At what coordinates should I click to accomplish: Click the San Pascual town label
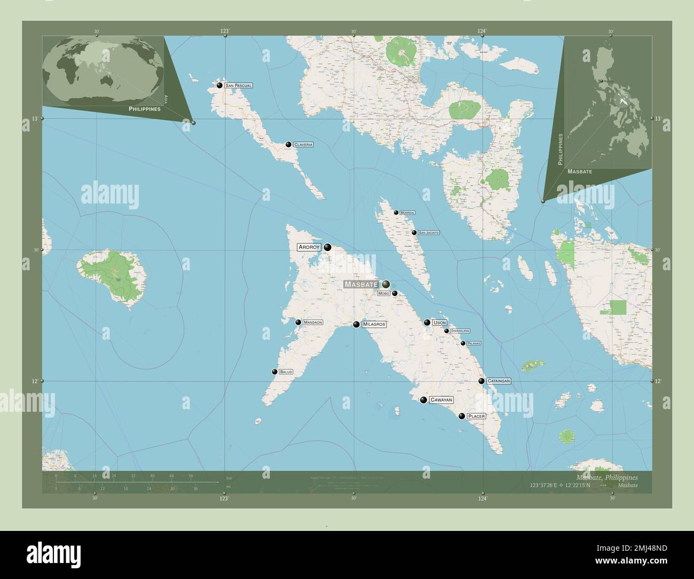click(x=238, y=85)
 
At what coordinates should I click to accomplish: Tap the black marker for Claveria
click(x=288, y=144)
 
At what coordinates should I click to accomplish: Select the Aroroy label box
click(x=309, y=247)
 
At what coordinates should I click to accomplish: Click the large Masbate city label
click(x=361, y=284)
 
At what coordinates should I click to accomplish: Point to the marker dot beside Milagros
click(x=356, y=324)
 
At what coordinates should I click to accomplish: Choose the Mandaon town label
click(x=312, y=323)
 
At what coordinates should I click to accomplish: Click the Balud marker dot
click(x=274, y=372)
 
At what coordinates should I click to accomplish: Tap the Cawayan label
click(x=441, y=400)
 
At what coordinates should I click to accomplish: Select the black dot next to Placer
click(x=462, y=416)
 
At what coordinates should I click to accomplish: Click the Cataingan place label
click(x=499, y=381)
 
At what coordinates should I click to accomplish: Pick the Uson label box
click(x=439, y=323)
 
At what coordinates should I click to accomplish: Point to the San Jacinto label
click(x=429, y=233)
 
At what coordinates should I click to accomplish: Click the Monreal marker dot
click(x=396, y=213)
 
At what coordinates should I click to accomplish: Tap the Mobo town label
click(x=383, y=294)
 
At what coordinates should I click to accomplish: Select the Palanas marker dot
click(x=463, y=343)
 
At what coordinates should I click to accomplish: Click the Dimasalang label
click(x=460, y=331)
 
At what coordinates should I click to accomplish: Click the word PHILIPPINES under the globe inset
click(x=145, y=108)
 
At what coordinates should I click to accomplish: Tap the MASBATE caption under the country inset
click(x=580, y=172)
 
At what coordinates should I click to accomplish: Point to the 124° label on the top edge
click(x=482, y=31)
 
